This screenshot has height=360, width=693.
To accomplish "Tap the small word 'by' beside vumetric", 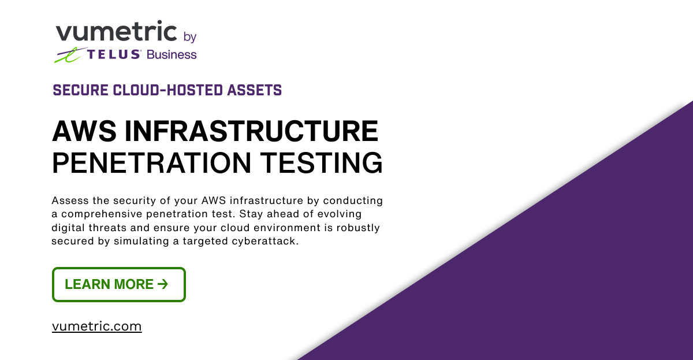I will [x=189, y=37].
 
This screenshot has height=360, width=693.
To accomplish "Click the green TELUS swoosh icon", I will [x=69, y=55].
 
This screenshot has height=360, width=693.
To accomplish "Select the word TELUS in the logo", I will [x=114, y=55].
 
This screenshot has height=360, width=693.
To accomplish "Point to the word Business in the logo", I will [x=172, y=55].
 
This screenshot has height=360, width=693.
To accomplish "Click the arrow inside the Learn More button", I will [x=162, y=284].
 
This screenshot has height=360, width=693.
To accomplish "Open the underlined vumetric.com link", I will [x=96, y=326].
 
